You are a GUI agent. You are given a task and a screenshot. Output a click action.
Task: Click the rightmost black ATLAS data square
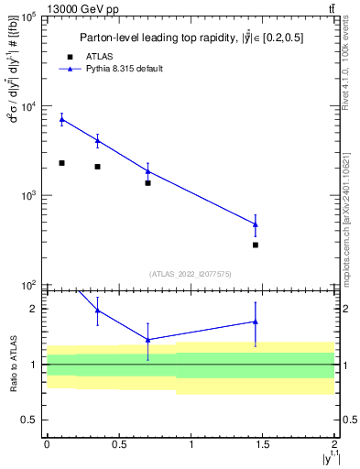pos(256,245)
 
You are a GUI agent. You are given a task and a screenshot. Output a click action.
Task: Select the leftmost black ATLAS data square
pos(61,163)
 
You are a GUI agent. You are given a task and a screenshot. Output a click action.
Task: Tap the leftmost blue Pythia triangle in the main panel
pos(61,119)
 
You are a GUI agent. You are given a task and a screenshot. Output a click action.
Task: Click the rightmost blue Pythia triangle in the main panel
pos(256,224)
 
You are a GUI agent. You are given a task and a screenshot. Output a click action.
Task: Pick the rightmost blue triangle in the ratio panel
pos(256,322)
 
